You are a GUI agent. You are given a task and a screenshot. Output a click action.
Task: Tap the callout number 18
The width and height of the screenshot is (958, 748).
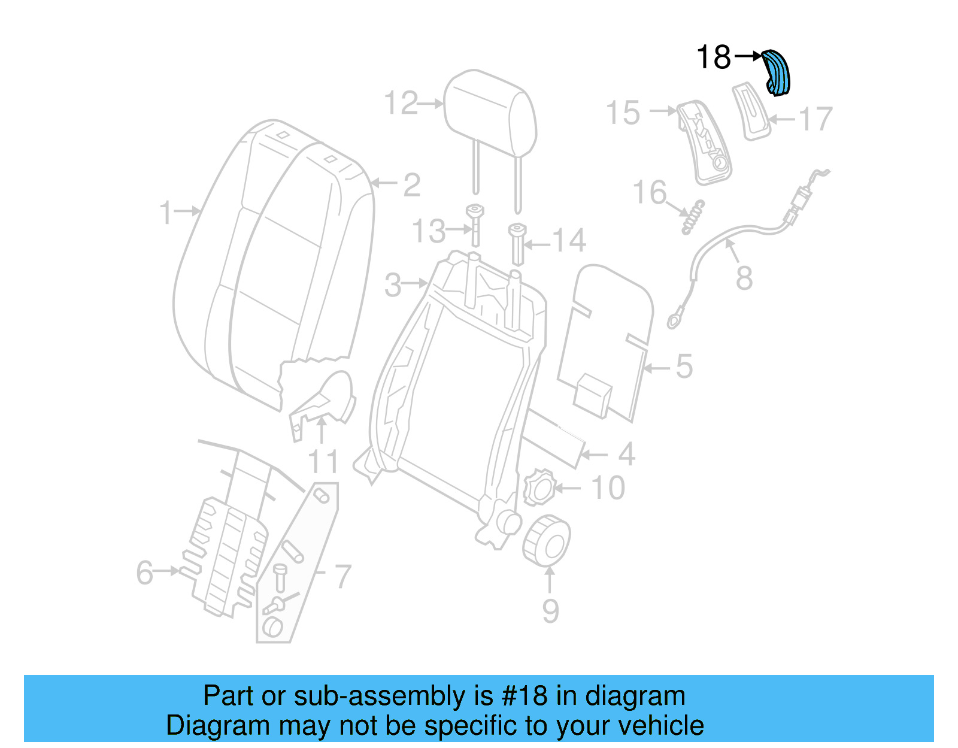click(714, 57)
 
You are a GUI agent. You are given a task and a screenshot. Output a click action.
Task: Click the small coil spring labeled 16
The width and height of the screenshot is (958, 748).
click(693, 217)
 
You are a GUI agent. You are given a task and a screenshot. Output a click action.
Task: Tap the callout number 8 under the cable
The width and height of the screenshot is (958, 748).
click(744, 278)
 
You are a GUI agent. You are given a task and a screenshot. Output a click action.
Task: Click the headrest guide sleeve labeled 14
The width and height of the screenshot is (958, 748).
click(517, 244)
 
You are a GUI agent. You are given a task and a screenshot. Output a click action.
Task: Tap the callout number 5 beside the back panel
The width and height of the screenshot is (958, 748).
click(684, 366)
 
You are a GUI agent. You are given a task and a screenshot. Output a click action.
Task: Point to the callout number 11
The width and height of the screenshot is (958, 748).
click(323, 462)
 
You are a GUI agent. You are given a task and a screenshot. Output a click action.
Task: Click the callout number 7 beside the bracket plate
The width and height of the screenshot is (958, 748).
click(342, 576)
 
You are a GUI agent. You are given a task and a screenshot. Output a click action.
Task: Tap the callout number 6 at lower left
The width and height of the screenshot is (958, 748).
click(145, 572)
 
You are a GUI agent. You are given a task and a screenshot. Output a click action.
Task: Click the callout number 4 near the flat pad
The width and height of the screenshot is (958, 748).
click(626, 454)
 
